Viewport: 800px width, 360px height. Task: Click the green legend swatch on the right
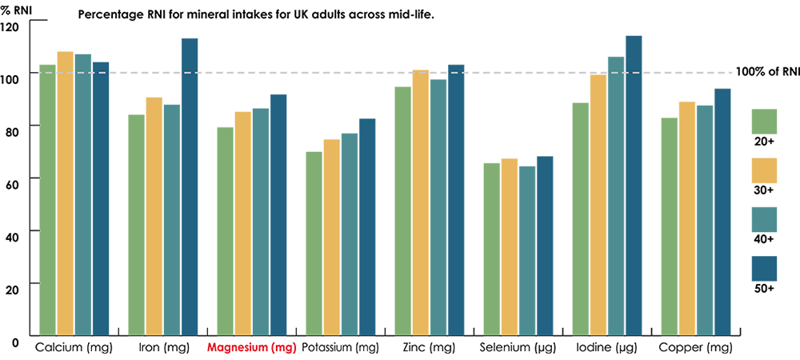point(772,116)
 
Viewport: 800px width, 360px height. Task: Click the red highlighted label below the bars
point(248,347)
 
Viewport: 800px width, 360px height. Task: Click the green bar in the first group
point(46,200)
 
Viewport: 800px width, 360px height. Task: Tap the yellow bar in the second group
point(154,216)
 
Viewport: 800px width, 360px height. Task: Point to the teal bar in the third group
point(260,216)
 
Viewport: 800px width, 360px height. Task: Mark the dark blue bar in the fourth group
point(366,224)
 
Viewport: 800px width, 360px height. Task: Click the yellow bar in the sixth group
point(510,232)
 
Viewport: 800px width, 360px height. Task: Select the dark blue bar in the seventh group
point(634,200)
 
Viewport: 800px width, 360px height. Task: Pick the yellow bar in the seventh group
point(598,208)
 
